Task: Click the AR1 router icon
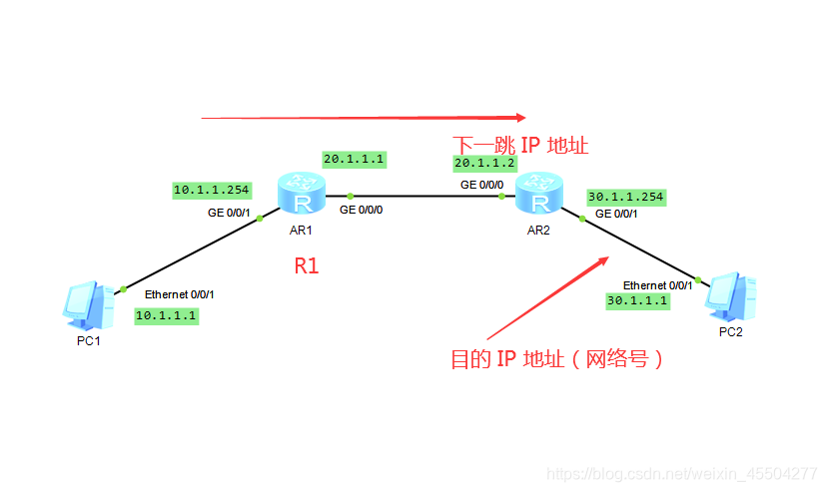(x=302, y=195)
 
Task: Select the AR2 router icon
(x=540, y=195)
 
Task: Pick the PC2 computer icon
(x=730, y=295)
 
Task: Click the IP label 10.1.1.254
(x=212, y=190)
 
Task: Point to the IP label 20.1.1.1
(x=354, y=159)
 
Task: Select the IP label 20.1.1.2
(x=484, y=163)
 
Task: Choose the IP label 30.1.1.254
(x=626, y=197)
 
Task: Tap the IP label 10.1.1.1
(x=167, y=315)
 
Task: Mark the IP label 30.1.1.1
(x=637, y=299)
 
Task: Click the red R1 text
(x=306, y=265)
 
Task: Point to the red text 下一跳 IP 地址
(x=520, y=145)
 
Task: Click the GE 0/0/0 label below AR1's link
(x=361, y=211)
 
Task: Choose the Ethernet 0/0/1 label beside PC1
(x=180, y=294)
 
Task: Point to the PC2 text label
(x=730, y=332)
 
